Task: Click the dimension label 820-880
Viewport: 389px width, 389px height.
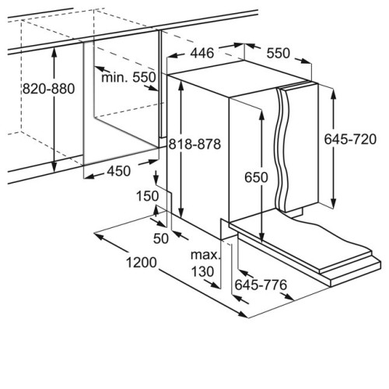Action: pyautogui.click(x=48, y=89)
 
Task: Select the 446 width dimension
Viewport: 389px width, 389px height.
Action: pyautogui.click(x=202, y=53)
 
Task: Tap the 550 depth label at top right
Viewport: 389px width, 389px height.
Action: pyautogui.click(x=279, y=53)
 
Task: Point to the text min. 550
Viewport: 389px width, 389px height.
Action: pyautogui.click(x=128, y=77)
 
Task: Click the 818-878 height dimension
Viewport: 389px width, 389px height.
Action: pyautogui.click(x=194, y=144)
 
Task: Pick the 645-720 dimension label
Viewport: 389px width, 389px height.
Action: pyautogui.click(x=350, y=139)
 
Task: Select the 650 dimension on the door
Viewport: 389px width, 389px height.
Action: pyautogui.click(x=256, y=177)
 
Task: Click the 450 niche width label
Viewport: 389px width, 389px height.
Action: pyautogui.click(x=119, y=171)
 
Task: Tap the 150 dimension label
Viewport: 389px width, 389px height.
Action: pyautogui.click(x=147, y=196)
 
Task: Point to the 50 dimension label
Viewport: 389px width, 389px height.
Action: pyautogui.click(x=161, y=239)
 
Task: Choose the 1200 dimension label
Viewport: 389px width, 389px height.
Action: pyautogui.click(x=142, y=262)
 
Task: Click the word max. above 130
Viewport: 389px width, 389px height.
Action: pyautogui.click(x=205, y=255)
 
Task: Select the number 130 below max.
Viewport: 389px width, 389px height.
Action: pyautogui.click(x=202, y=272)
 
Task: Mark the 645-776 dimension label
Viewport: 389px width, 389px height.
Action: pyautogui.click(x=261, y=285)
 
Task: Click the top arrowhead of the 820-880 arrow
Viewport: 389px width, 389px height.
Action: pyautogui.click(x=54, y=52)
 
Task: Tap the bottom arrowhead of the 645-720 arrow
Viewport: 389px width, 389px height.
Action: pyautogui.click(x=334, y=202)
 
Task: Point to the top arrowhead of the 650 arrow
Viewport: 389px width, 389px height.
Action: pyautogui.click(x=261, y=115)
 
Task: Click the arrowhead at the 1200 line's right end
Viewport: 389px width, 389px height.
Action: pyautogui.click(x=243, y=314)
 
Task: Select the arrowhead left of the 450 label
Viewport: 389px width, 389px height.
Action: pyautogui.click(x=89, y=177)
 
